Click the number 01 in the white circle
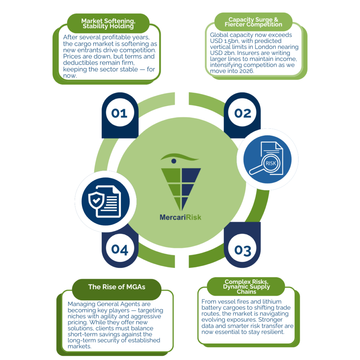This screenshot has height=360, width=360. (x=119, y=113)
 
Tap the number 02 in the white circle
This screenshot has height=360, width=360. (x=243, y=113)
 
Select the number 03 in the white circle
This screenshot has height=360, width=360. (x=243, y=250)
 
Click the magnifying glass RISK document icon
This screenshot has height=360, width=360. (x=267, y=159)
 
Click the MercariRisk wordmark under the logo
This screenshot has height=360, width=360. (x=180, y=217)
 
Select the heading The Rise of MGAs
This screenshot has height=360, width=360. (x=116, y=287)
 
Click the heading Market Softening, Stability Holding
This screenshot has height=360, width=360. (x=108, y=23)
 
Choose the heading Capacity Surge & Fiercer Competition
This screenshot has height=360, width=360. (x=253, y=22)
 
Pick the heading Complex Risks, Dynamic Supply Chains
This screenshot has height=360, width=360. (x=246, y=287)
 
